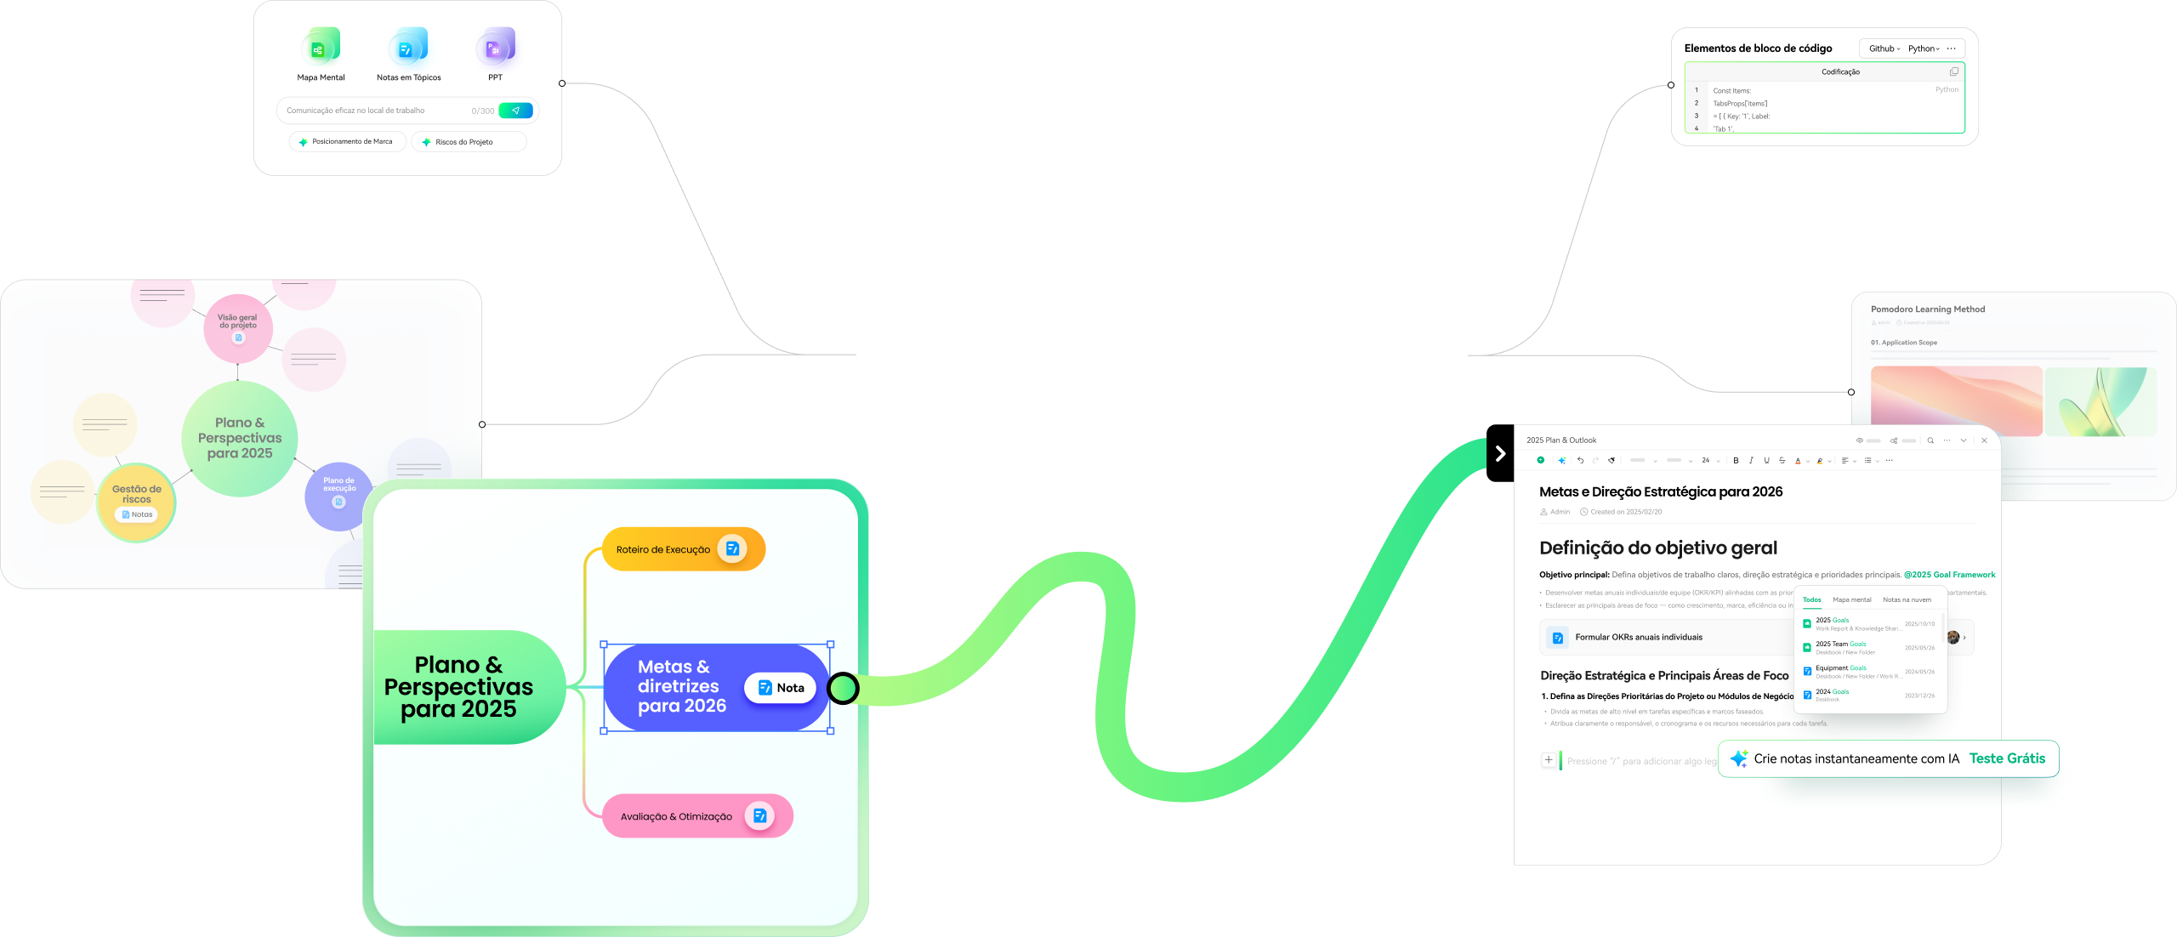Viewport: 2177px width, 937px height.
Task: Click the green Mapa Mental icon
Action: click(x=321, y=48)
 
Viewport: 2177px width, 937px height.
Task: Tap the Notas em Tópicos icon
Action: click(x=408, y=48)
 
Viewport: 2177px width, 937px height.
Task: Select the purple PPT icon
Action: click(x=495, y=48)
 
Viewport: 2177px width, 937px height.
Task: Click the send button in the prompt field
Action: click(x=515, y=111)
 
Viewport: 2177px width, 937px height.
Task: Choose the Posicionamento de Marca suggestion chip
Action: click(x=348, y=142)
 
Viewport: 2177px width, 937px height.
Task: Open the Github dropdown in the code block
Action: click(x=1884, y=48)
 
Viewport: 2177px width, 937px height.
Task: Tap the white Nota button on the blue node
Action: click(x=781, y=688)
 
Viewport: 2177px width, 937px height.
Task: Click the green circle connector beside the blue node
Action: click(x=843, y=688)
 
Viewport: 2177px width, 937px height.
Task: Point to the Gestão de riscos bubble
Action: click(x=136, y=501)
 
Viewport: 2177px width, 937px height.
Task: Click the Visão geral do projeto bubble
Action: click(x=237, y=327)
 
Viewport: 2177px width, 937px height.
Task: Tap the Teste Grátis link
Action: click(x=2007, y=758)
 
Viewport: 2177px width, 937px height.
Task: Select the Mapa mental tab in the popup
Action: click(x=1851, y=600)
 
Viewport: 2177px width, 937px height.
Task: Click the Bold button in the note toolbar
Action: click(x=1736, y=461)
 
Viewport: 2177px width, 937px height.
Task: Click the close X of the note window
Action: click(x=1984, y=440)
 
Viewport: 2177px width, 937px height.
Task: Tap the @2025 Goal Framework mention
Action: click(x=1949, y=575)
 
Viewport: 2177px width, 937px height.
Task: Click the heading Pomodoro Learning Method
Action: click(x=1927, y=309)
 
